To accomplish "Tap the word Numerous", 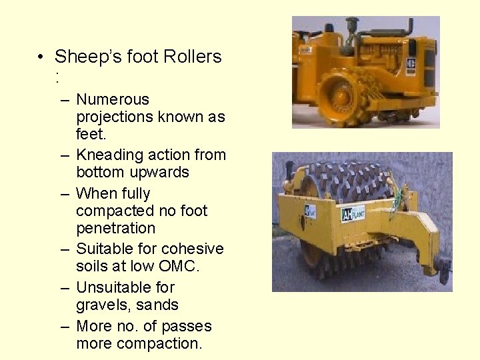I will pyautogui.click(x=113, y=99).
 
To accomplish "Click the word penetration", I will pyautogui.click(x=115, y=228).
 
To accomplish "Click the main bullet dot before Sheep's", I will pyautogui.click(x=41, y=57).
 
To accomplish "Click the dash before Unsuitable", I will pyautogui.click(x=64, y=288).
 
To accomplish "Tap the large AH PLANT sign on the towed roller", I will pyautogui.click(x=353, y=213).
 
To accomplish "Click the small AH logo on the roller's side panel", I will pyautogui.click(x=310, y=211).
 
